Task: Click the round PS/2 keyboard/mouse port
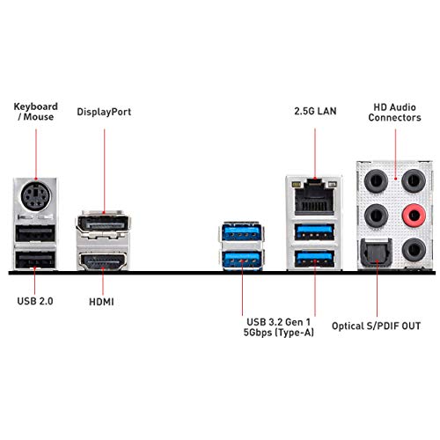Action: [x=36, y=196]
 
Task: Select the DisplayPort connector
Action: [x=103, y=225]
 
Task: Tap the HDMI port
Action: [x=103, y=260]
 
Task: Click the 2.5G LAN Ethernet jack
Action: [x=314, y=196]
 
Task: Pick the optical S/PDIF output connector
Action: [x=376, y=253]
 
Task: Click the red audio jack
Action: [x=414, y=216]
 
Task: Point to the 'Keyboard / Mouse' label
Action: [x=36, y=112]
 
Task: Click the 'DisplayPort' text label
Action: [x=104, y=112]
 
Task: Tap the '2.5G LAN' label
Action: [x=315, y=111]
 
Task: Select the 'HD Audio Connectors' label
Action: [x=394, y=113]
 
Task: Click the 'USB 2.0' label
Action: [x=35, y=301]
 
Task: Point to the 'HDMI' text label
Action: [x=101, y=302]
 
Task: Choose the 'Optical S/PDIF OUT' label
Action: [x=376, y=326]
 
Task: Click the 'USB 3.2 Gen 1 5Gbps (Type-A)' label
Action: [x=278, y=327]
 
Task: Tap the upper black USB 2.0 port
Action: [x=35, y=233]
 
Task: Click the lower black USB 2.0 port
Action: [x=35, y=260]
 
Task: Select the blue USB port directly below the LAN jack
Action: [x=314, y=232]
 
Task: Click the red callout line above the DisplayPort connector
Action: [x=104, y=171]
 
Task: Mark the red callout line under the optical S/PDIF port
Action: [x=377, y=289]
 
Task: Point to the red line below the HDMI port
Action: [x=103, y=281]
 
